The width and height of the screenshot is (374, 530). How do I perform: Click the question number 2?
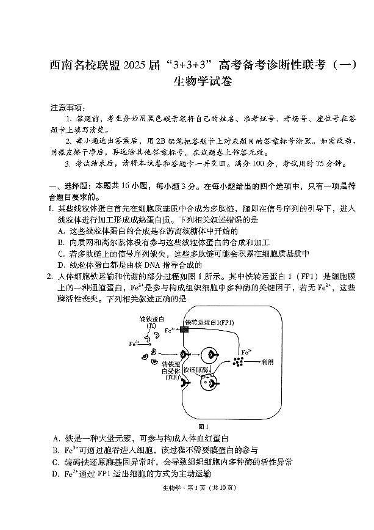pos(49,277)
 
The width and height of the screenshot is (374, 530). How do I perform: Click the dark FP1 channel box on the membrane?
pos(184,329)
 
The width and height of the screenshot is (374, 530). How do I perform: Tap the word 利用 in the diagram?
pos(267,362)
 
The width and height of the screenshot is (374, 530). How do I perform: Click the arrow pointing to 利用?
pos(252,362)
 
